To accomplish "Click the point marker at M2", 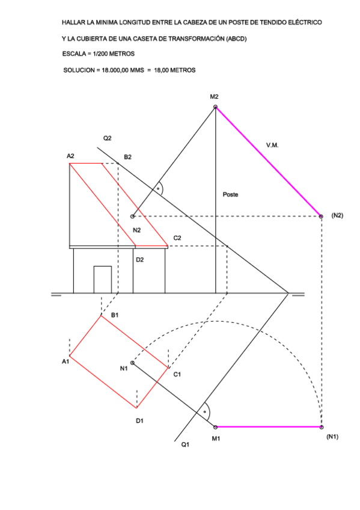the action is click(x=215, y=106).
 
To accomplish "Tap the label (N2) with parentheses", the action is click(x=337, y=215).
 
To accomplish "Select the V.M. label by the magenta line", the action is click(x=272, y=145).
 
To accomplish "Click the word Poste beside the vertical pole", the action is click(x=230, y=194).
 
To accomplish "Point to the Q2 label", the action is click(x=107, y=138).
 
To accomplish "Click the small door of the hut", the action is click(x=103, y=280).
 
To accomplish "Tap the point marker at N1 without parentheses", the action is click(x=132, y=363).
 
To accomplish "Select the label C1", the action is click(x=177, y=374).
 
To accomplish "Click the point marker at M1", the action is click(x=215, y=427).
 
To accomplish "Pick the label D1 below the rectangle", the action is click(x=139, y=421).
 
